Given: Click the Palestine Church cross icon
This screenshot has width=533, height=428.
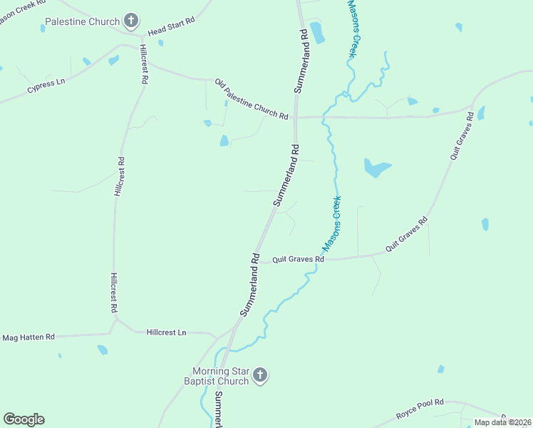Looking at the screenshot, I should coord(131,21).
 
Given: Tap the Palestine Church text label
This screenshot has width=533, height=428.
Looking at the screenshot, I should coord(82,22).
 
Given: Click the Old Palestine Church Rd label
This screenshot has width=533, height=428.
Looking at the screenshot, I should coord(252,100).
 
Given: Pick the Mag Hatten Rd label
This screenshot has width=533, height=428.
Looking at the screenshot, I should coord(29,337).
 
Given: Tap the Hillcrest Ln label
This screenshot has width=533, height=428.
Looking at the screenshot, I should coord(166,332).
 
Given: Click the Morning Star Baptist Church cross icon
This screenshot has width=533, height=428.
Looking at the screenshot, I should coord(260,375).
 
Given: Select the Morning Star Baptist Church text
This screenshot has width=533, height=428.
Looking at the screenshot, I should coord(221,376).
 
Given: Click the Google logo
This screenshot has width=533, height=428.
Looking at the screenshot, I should coord(24,419).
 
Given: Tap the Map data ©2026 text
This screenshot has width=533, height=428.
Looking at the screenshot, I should coord(502,422).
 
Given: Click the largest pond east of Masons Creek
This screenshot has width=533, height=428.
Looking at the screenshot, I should coord(377,168).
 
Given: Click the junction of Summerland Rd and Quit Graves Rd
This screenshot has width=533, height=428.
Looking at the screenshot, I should coord(259,260).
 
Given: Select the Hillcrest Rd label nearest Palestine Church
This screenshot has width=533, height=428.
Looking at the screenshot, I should coord(143,65).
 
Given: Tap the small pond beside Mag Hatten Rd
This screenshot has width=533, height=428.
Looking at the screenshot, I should coord(103,350).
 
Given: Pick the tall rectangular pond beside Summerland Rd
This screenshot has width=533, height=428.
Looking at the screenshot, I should coord(317,32).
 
